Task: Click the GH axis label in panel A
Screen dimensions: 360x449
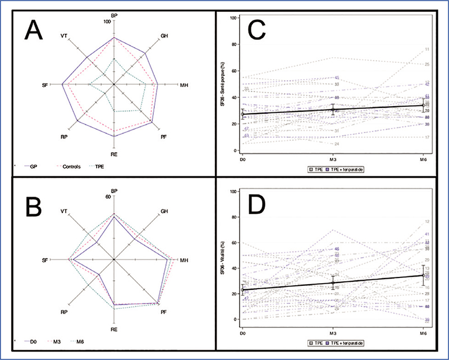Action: (164, 36)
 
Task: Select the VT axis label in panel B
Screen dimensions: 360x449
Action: (64, 212)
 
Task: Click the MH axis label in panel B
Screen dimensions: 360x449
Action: (183, 260)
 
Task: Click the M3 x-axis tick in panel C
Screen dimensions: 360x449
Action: (333, 158)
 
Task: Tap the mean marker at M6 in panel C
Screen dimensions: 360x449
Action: (424, 105)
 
